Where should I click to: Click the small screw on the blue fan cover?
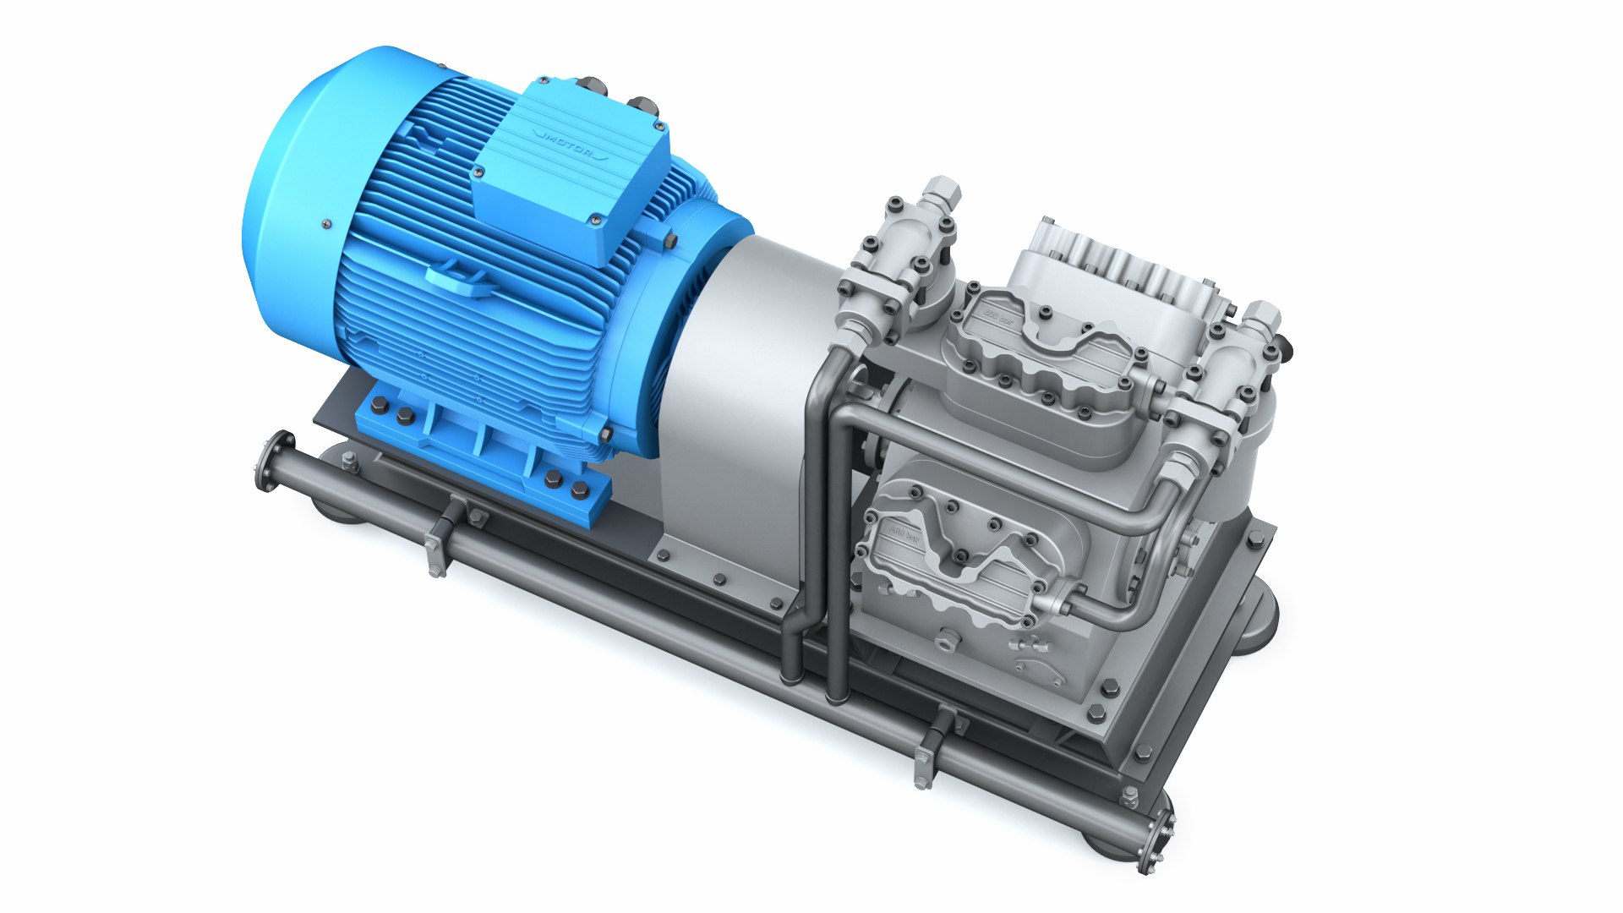pyautogui.click(x=325, y=224)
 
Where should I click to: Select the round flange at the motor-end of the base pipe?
pyautogui.click(x=274, y=461)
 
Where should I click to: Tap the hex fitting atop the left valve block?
pyautogui.click(x=942, y=194)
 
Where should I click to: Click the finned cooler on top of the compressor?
pyautogui.click(x=1116, y=262)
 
